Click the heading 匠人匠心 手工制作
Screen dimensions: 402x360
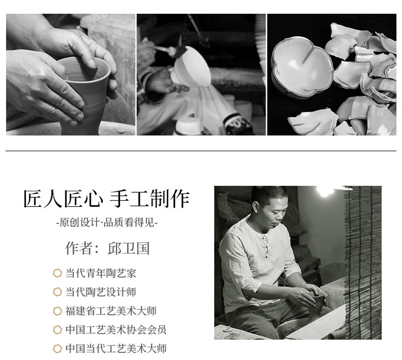coord(106,198)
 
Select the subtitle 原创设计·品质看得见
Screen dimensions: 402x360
coord(107,222)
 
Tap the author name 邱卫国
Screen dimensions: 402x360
coord(128,249)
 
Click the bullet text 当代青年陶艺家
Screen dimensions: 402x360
coord(100,273)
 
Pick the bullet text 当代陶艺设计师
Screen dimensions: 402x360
coord(100,292)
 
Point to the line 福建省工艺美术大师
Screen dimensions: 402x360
coord(111,311)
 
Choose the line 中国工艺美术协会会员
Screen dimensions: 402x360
coord(116,330)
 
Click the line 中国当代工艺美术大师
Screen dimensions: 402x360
coord(116,348)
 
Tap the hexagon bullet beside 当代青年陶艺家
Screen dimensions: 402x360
coord(57,273)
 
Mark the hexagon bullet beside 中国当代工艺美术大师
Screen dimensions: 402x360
coord(57,348)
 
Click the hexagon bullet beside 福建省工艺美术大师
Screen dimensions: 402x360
coord(57,311)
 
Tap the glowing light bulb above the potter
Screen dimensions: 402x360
coord(325,190)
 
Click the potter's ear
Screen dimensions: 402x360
coord(256,208)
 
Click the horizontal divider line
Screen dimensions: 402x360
coord(201,151)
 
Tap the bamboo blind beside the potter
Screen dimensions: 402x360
coord(363,262)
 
